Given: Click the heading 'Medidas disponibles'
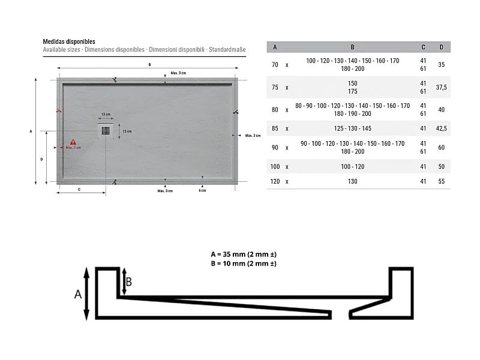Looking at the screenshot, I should coord(68,41).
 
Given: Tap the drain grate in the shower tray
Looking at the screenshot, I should coord(106,131).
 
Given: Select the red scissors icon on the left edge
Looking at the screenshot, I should coord(59,110).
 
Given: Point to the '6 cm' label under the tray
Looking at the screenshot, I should coord(202,191).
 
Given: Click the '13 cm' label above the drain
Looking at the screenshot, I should coord(105,114).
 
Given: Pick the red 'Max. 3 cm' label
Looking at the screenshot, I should coord(73,148).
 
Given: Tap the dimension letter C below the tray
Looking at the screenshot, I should coord(80,190).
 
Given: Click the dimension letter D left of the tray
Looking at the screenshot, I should coord(41,159).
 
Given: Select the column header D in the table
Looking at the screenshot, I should coord(441,47).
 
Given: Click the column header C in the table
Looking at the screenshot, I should coord(423,47).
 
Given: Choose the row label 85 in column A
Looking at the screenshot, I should coord(275,128).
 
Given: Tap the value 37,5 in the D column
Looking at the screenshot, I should coord(441,88).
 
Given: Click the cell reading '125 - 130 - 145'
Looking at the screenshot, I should coord(352,128).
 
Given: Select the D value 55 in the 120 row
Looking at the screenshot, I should coord(441,181).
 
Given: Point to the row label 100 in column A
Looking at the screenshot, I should coord(275,166).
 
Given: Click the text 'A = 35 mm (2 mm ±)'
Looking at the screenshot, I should coord(243,254).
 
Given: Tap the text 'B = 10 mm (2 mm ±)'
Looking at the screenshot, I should coord(243,263).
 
